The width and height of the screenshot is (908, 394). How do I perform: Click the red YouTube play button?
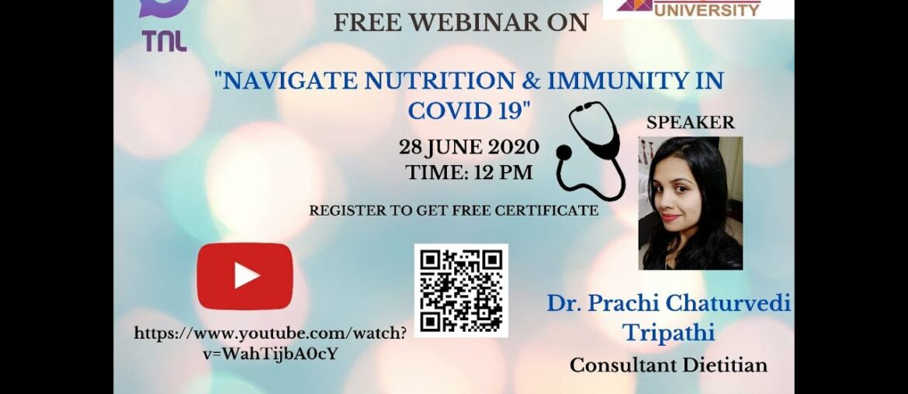click(x=244, y=276)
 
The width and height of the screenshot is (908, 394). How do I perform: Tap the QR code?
click(x=461, y=290)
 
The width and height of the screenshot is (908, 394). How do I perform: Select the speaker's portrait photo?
click(x=690, y=203)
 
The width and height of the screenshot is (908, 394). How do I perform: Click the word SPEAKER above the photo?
click(x=690, y=123)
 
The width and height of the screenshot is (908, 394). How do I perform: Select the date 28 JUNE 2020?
click(x=469, y=147)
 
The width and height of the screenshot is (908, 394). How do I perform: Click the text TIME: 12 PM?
click(x=469, y=172)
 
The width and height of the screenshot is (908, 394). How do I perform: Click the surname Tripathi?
click(x=668, y=333)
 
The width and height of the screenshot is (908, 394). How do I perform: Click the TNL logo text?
click(x=164, y=41)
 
